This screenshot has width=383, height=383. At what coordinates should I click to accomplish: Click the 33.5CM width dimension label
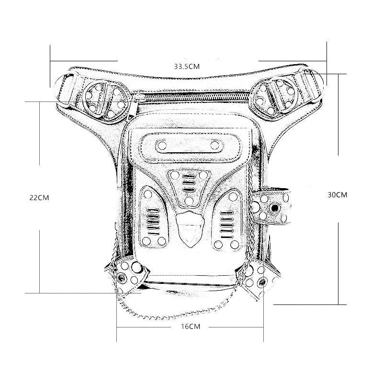coord(187,67)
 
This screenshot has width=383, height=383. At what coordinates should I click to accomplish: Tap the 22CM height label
coord(39,198)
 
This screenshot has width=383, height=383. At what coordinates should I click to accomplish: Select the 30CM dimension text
coord(338,195)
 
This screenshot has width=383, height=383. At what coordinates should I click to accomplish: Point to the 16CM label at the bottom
coord(191,327)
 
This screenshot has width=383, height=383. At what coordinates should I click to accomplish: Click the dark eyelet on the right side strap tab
coord(275,208)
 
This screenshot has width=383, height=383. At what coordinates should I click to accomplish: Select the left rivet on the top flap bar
coord(162,146)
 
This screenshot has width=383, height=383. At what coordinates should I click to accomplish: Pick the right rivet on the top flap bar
coord(214,145)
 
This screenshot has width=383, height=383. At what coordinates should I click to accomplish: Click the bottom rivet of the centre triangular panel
coord(189,201)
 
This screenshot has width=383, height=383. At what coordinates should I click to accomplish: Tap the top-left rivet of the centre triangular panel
coord(175,175)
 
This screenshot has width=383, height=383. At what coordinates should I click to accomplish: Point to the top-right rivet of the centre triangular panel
coord(203,175)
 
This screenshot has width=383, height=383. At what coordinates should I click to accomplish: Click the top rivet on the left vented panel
coord(147,194)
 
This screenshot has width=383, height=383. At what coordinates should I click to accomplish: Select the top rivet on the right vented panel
coord(233,197)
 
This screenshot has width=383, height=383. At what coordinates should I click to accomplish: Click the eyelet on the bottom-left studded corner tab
coord(121,278)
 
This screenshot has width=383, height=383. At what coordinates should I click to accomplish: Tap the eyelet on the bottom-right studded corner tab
coord(261,282)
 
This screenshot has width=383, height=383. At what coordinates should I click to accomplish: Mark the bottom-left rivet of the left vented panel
coord(146,241)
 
